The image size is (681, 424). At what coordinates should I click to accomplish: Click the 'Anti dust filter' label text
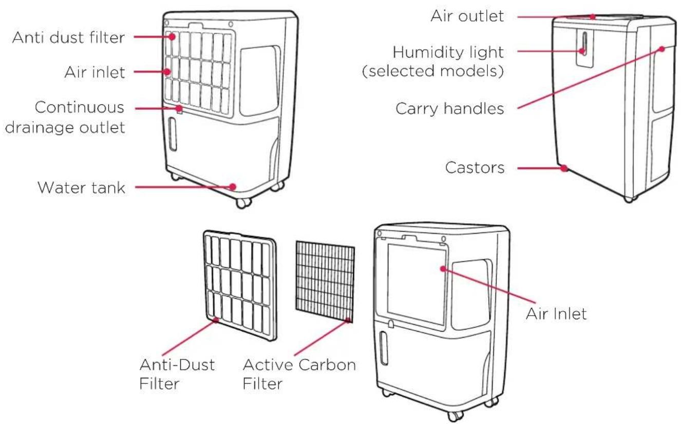pyautogui.click(x=68, y=37)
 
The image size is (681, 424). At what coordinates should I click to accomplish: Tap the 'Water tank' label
pyautogui.click(x=81, y=187)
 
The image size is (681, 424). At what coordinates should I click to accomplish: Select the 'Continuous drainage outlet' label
pyautogui.click(x=65, y=118)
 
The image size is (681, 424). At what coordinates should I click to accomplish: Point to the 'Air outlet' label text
pyautogui.click(x=467, y=16)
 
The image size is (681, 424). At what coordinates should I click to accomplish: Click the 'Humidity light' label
pyautogui.click(x=448, y=52)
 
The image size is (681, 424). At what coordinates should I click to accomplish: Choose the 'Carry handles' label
pyautogui.click(x=450, y=108)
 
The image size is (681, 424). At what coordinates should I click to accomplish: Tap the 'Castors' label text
pyautogui.click(x=475, y=167)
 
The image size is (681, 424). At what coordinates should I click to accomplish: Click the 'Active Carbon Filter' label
pyautogui.click(x=299, y=374)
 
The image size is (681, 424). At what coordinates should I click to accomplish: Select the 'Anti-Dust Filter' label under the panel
pyautogui.click(x=177, y=374)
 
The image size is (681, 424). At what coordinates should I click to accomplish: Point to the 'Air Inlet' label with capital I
pyautogui.click(x=556, y=314)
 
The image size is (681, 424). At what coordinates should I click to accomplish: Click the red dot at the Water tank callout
pyautogui.click(x=233, y=186)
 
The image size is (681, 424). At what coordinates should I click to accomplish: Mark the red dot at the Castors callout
pyautogui.click(x=564, y=168)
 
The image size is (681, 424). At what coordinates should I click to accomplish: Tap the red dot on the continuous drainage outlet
pyautogui.click(x=179, y=108)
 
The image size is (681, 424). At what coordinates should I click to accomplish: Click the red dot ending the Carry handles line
pyautogui.click(x=661, y=49)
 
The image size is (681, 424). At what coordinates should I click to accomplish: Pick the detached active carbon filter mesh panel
pyautogui.click(x=325, y=281)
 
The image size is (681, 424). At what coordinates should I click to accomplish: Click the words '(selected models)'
pyautogui.click(x=433, y=71)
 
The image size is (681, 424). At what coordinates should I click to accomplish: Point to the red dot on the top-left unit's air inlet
pyautogui.click(x=167, y=72)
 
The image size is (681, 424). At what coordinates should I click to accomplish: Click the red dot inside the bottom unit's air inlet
pyautogui.click(x=443, y=268)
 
